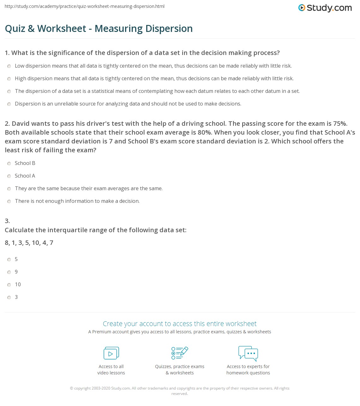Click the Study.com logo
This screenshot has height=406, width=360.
click(325, 8)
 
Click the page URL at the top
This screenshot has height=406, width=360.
click(85, 6)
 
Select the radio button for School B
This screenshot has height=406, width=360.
click(9, 163)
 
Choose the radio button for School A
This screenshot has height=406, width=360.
click(9, 176)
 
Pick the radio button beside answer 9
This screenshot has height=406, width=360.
click(9, 272)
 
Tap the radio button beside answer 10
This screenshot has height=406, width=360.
click(9, 285)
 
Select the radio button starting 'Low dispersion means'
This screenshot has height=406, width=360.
click(9, 66)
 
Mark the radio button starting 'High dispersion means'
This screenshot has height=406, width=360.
click(9, 79)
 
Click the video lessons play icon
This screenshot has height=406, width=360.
click(111, 353)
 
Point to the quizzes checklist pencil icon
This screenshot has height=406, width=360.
click(180, 353)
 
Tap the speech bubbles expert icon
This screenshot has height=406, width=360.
click(248, 353)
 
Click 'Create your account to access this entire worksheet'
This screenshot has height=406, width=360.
click(179, 324)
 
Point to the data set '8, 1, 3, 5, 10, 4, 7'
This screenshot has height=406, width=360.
click(29, 243)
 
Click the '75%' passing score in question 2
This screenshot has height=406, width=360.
click(340, 124)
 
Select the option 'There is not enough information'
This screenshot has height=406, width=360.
click(77, 201)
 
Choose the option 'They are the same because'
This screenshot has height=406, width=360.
click(89, 189)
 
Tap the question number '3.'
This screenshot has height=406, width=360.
click(7, 221)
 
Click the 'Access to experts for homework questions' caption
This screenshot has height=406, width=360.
click(248, 370)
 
